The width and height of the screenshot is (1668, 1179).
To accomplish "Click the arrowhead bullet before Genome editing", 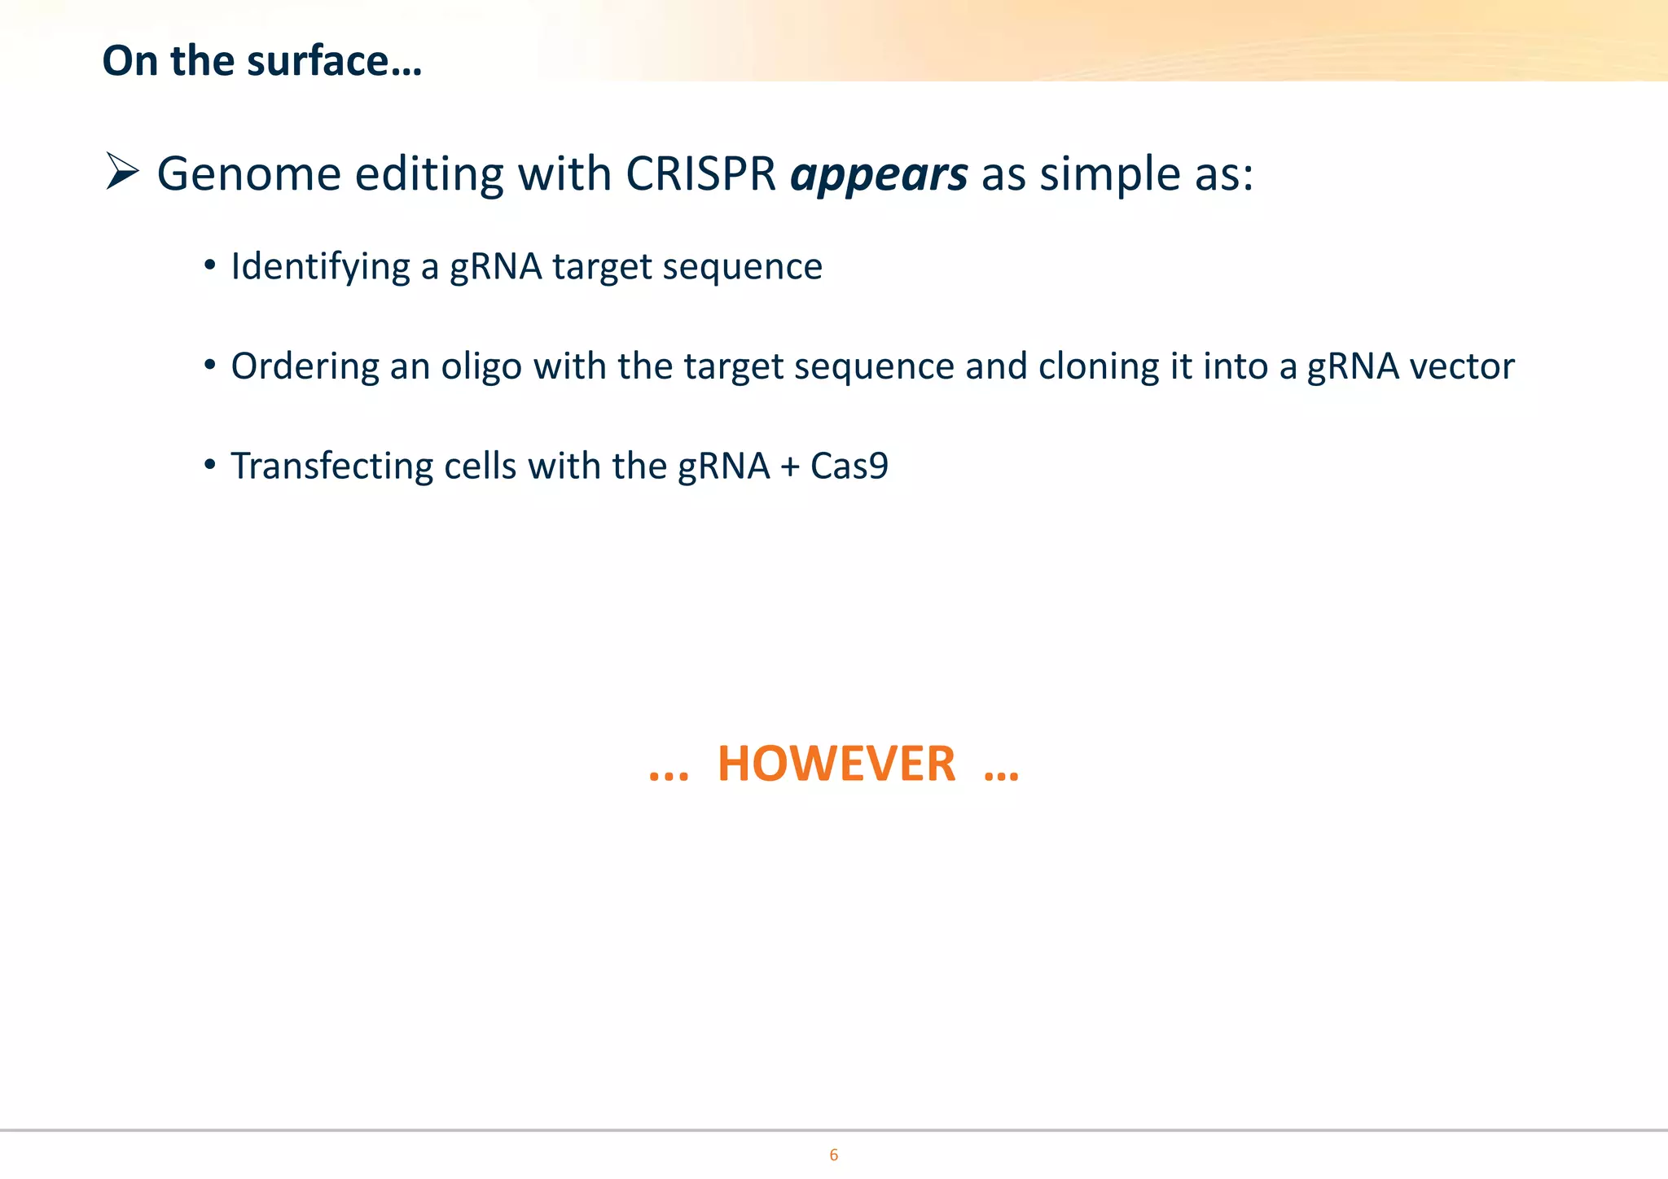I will click(x=122, y=172).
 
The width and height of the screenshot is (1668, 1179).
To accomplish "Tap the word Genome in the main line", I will click(x=248, y=174).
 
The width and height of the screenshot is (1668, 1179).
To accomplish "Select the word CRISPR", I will click(x=700, y=173).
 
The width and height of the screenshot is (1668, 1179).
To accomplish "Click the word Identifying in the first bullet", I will click(x=320, y=267).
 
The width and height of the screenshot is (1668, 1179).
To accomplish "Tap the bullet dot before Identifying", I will click(x=210, y=265).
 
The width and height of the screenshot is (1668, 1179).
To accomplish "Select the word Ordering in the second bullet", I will click(x=305, y=366).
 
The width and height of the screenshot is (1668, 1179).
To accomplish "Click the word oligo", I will click(x=481, y=366).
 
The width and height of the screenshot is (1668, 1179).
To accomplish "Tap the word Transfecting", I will click(x=332, y=467).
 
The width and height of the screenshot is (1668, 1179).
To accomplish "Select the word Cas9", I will click(x=849, y=467).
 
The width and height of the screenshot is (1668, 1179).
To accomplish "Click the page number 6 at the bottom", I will click(x=833, y=1155).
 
